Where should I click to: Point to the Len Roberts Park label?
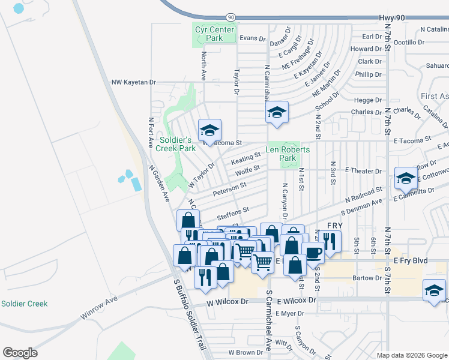pyautogui.click(x=288, y=154)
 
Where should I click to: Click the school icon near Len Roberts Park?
pyautogui.click(x=277, y=112)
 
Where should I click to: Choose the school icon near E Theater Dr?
pyautogui.click(x=406, y=178)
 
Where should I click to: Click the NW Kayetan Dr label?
pyautogui.click(x=133, y=82)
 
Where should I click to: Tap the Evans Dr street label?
pyautogui.click(x=252, y=38)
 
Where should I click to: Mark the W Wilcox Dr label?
pyautogui.click(x=228, y=302)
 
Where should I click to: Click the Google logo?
pyautogui.click(x=20, y=353)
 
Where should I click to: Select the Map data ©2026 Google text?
pyautogui.click(x=412, y=355)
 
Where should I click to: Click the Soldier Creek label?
pyautogui.click(x=24, y=304)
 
